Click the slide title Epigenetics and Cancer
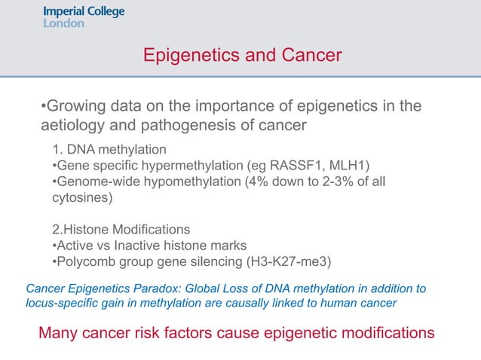[242, 56]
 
